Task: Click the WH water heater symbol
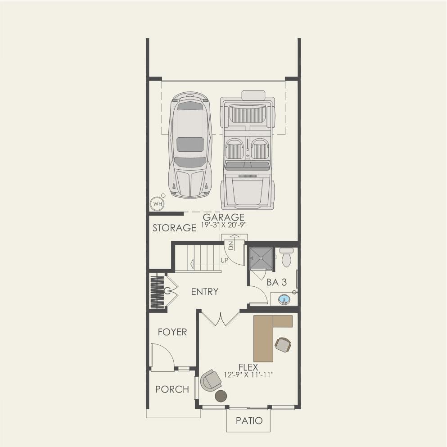tap(157, 204)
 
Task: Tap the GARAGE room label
tap(223, 218)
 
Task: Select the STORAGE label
tap(174, 228)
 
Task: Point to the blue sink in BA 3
tap(284, 299)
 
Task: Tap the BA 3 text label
tap(277, 283)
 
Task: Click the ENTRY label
tap(204, 292)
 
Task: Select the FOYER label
tap(172, 332)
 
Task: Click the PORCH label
tap(172, 389)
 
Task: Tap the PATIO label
tap(249, 421)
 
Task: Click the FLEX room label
tap(248, 367)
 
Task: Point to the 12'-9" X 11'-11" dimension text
tap(249, 375)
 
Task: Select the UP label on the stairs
tap(224, 260)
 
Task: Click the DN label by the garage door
tap(231, 245)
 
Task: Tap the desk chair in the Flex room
tap(283, 345)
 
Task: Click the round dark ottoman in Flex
tap(221, 396)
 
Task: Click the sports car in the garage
tap(190, 145)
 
